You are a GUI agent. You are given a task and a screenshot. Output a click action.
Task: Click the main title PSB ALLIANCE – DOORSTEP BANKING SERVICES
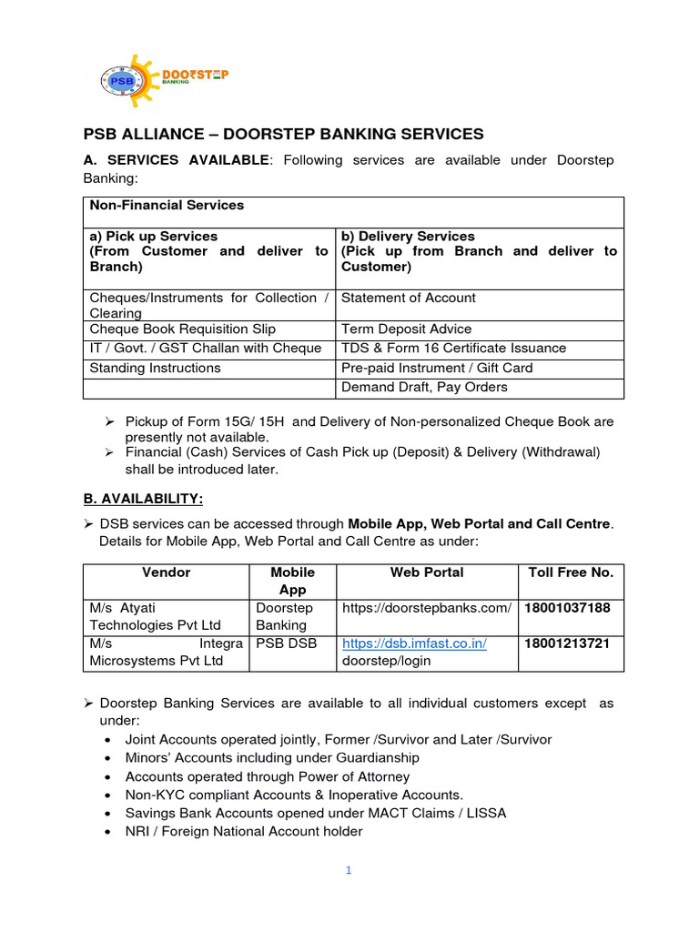(284, 134)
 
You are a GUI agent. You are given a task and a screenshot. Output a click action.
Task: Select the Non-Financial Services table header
(167, 206)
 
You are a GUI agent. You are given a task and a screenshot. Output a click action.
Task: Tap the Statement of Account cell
(408, 298)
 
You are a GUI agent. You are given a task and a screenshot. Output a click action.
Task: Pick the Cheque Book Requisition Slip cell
(182, 329)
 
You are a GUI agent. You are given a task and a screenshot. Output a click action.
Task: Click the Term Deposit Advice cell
(406, 329)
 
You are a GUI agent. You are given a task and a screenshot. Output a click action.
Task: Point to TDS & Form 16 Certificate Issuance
(453, 348)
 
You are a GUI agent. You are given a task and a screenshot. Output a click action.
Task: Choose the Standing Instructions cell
(155, 368)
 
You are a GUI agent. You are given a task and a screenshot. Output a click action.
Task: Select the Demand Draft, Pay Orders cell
(424, 387)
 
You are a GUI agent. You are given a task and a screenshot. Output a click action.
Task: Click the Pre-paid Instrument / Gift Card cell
(437, 368)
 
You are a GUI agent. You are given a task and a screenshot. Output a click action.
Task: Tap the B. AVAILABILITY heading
(144, 499)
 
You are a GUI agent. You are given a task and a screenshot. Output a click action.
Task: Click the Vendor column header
(167, 572)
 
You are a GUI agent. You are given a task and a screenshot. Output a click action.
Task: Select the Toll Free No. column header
(571, 572)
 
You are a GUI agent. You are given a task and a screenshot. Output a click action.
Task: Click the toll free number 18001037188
(567, 607)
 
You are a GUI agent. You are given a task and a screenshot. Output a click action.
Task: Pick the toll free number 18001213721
(567, 643)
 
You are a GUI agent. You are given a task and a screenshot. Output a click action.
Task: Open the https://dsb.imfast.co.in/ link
(414, 643)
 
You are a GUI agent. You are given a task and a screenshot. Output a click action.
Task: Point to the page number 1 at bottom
(348, 870)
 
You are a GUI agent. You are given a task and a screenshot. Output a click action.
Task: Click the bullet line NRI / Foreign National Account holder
(243, 831)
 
